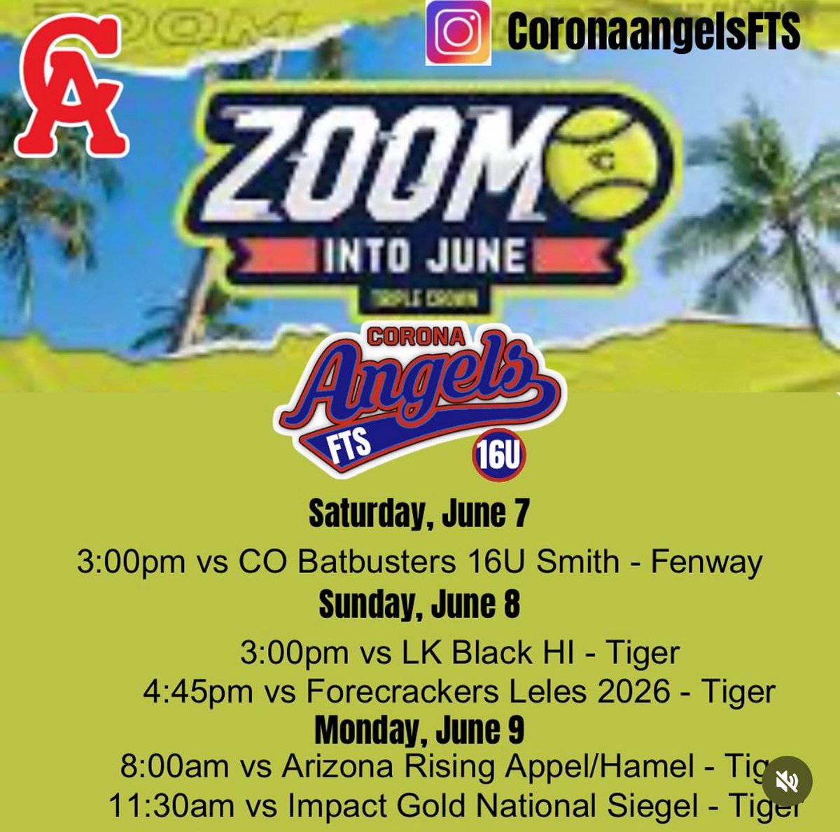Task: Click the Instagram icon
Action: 458,33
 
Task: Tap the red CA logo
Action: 70,85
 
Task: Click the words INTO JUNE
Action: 424,255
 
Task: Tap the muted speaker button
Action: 787,780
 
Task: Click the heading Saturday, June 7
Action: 419,514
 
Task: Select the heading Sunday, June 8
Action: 419,605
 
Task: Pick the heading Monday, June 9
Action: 419,731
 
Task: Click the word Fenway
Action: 706,562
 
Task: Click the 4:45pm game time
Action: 197,692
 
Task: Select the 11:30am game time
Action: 171,806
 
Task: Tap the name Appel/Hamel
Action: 600,767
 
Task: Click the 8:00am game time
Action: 174,767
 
